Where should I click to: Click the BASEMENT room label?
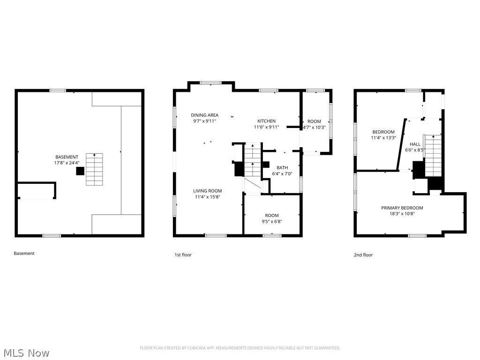(x=67, y=157)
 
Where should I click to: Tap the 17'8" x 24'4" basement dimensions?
(x=67, y=163)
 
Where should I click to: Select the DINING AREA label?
(x=204, y=115)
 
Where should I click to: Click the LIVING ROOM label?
(x=208, y=191)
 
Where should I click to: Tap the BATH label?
(x=282, y=167)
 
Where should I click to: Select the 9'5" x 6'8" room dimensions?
(x=272, y=221)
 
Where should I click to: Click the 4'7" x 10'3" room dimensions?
(x=314, y=127)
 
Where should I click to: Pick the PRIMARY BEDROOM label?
(x=402, y=208)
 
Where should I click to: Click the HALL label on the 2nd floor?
(x=415, y=144)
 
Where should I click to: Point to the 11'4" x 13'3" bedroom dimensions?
(x=383, y=138)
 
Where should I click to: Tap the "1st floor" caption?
(x=183, y=255)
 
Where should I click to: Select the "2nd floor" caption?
(x=363, y=255)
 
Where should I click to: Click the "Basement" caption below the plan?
(x=24, y=254)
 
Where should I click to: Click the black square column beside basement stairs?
(x=80, y=172)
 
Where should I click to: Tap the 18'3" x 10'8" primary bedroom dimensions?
(x=402, y=214)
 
